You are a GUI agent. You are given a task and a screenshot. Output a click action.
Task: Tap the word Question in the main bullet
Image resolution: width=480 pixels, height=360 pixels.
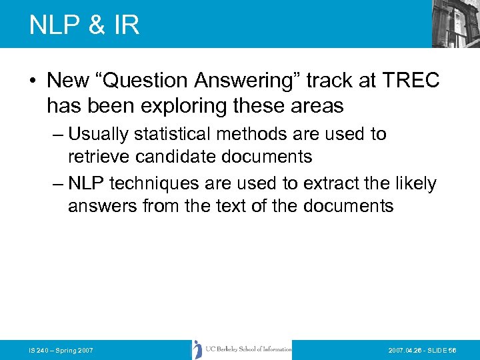tap(145, 81)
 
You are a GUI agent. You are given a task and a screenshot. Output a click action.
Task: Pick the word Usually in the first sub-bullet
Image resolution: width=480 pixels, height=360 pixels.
tap(99, 134)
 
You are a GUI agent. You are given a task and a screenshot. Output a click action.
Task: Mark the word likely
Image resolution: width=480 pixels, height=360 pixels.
tap(415, 183)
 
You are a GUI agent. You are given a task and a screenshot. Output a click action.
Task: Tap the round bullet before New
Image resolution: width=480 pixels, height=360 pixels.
tap(33, 81)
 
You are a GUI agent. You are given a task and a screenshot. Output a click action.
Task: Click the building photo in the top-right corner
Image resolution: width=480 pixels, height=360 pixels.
tap(456, 24)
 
